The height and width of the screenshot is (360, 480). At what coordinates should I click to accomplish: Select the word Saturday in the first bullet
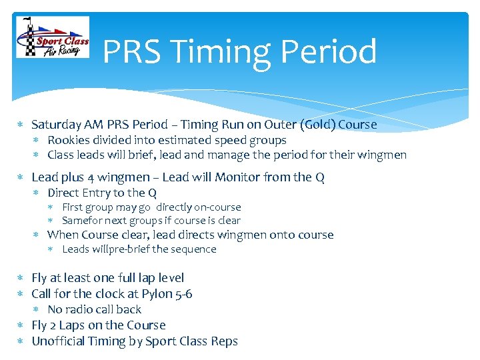coord(57,125)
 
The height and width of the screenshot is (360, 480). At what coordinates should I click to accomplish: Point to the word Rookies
coord(68,140)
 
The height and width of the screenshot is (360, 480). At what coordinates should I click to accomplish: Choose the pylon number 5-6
coord(182,294)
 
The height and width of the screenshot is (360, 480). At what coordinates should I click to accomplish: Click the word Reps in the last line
coord(225,341)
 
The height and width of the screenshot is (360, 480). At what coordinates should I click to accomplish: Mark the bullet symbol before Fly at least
coord(21,278)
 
